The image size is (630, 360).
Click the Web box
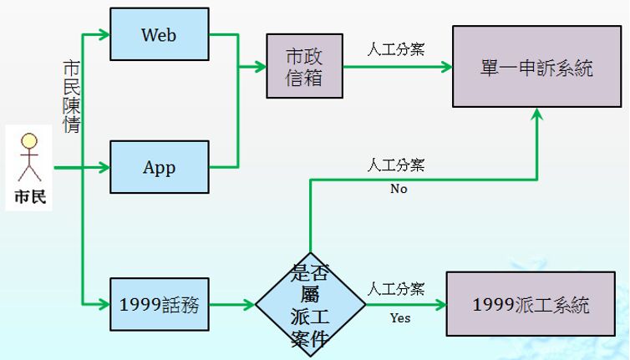(x=159, y=34)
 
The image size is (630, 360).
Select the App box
(x=159, y=167)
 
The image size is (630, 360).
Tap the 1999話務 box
(x=159, y=305)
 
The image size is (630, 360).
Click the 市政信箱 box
(x=304, y=66)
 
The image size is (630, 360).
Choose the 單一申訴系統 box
(x=536, y=67)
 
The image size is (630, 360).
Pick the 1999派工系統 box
(x=531, y=305)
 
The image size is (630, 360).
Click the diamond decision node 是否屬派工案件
(x=310, y=305)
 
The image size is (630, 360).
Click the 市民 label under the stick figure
(x=30, y=198)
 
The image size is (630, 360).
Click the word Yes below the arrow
(x=400, y=318)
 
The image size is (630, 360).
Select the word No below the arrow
(x=399, y=189)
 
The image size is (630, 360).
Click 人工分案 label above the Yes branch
(x=396, y=289)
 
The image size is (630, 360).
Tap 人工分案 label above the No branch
(x=396, y=165)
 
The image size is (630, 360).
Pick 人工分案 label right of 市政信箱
(x=396, y=49)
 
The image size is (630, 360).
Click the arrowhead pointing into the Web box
(x=104, y=35)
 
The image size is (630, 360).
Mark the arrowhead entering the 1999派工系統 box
(x=440, y=305)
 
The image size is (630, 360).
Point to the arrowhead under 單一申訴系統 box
(x=536, y=115)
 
